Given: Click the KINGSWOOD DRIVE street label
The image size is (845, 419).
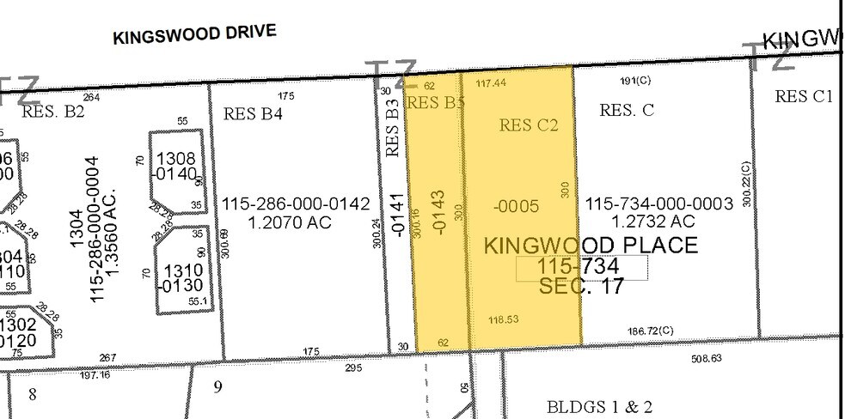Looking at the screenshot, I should pyautogui.click(x=194, y=34).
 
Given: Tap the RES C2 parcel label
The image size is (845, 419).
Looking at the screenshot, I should pyautogui.click(x=529, y=125).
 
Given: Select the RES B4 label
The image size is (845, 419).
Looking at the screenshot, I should pyautogui.click(x=253, y=113).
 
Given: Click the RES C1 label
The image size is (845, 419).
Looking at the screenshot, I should pyautogui.click(x=804, y=96).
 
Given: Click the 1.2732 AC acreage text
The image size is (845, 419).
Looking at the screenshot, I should pyautogui.click(x=658, y=222).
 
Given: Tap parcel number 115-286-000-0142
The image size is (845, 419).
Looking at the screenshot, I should pyautogui.click(x=296, y=204).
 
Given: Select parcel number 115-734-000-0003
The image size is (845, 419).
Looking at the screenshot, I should pyautogui.click(x=658, y=204).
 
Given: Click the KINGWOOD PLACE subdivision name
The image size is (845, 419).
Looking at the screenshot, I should pyautogui.click(x=591, y=245).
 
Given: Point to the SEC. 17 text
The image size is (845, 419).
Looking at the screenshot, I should pyautogui.click(x=581, y=287).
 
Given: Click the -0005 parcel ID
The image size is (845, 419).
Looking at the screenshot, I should pyautogui.click(x=516, y=206).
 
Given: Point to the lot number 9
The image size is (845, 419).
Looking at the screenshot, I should pyautogui.click(x=217, y=387).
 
